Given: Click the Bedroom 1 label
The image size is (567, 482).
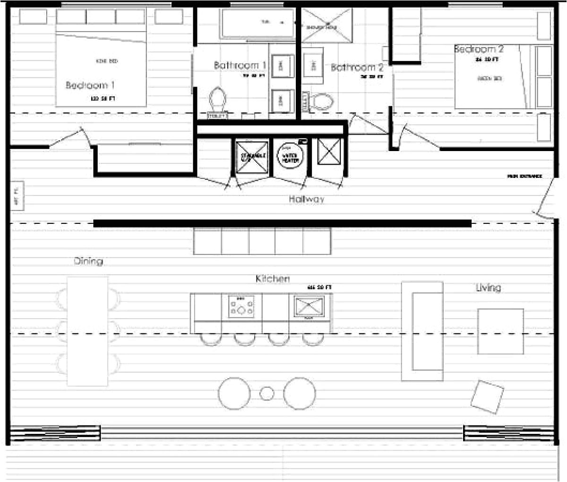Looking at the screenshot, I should (90, 85).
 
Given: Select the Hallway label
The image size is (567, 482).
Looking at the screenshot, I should (307, 199).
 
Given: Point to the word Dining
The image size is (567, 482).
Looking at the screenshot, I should (88, 261).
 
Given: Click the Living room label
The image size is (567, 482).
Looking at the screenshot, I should (488, 288).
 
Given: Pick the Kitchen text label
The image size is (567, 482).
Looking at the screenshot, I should (273, 279).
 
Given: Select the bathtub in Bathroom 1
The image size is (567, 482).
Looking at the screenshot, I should (258, 22).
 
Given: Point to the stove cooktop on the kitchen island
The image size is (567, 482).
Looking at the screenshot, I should (241, 307).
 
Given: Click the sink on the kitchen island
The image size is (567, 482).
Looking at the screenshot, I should (309, 306).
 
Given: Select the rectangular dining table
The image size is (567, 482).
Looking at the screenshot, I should (88, 331).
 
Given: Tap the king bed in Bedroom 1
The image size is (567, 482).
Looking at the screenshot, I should (101, 68).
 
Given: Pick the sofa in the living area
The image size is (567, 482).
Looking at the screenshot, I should (422, 331).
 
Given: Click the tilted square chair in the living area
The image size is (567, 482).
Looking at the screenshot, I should (487, 397).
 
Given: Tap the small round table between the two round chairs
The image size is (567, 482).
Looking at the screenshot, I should (267, 393).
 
